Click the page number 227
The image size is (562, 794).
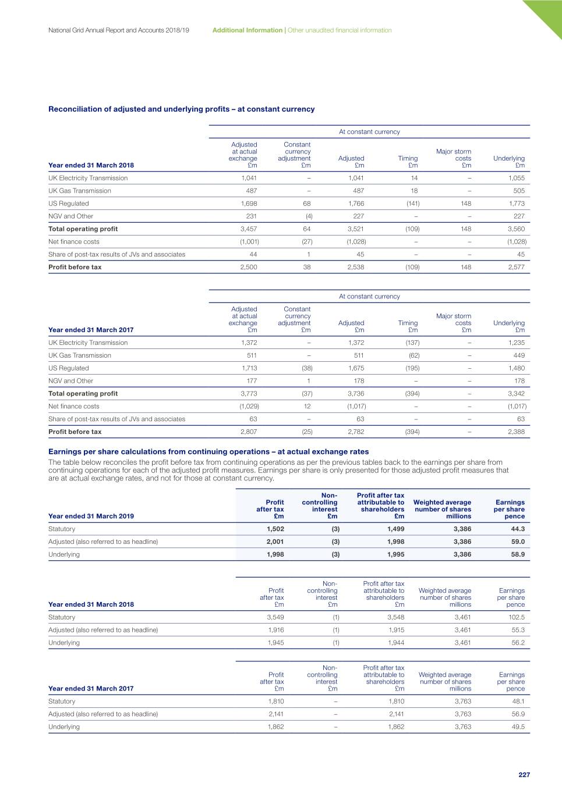pos(524,775)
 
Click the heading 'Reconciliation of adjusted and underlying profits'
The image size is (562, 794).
pos(181,109)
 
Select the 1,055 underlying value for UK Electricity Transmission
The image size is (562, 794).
pos(516,178)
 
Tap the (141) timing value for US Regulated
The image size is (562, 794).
pos(412,204)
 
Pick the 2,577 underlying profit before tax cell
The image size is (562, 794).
pos(516,267)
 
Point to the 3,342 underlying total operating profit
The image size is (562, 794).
pos(516,394)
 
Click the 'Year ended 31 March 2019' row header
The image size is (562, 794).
pos(91,516)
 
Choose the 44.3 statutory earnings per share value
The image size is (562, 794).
pos(518,529)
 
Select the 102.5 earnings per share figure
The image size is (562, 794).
pos(516,617)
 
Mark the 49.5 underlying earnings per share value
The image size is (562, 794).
pos(518,727)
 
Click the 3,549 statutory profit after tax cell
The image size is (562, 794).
pos(275,617)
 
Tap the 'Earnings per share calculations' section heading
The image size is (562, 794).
pos(208,451)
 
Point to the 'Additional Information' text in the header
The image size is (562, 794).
pos(247,30)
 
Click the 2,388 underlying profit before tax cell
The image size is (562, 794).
pos(516,432)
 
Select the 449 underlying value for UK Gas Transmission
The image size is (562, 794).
pos(519,355)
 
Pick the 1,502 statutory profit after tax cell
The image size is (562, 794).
pos(275,529)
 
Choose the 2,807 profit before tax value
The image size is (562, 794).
pos(249,432)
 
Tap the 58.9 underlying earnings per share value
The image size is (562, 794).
pos(518,554)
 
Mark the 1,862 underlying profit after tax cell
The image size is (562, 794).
pos(275,727)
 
